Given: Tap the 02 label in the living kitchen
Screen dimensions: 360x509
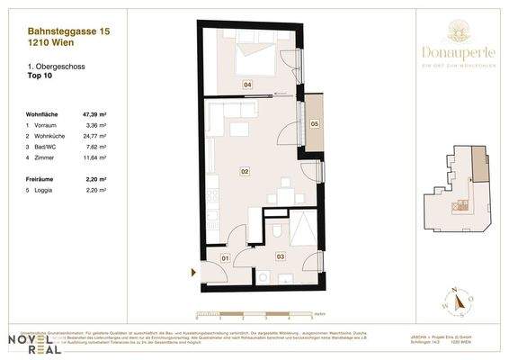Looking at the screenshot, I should click(244, 169).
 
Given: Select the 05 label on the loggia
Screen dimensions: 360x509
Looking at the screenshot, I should click(314, 123).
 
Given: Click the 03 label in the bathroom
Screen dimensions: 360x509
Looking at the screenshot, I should click(280, 256).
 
